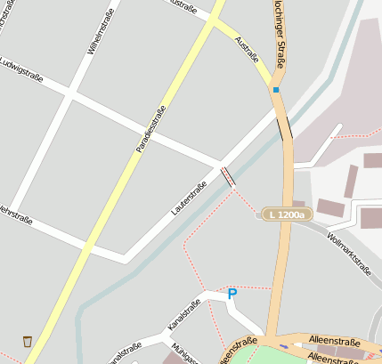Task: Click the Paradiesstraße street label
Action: click(x=151, y=130)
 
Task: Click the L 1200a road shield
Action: click(x=286, y=215)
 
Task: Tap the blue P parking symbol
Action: click(x=232, y=294)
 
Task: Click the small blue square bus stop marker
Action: click(x=276, y=90)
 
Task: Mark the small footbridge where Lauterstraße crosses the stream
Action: click(x=229, y=176)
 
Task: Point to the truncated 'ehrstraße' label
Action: click(x=17, y=213)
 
